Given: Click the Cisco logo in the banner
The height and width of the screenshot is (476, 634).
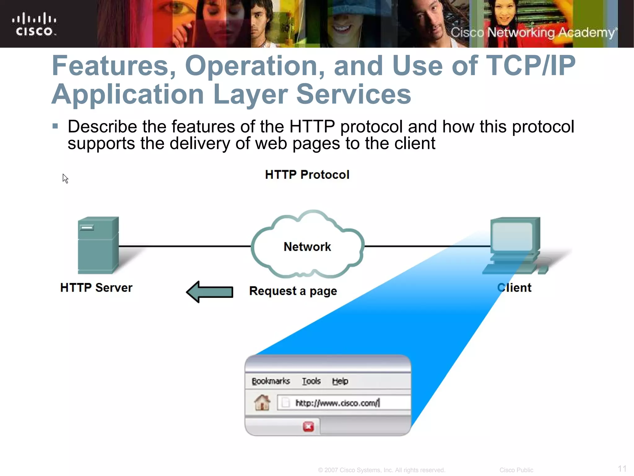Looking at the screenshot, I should coord(34,24).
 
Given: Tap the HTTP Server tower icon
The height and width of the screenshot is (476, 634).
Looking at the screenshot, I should coord(98,245).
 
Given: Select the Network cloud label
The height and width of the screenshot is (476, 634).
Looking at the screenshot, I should coord(307,247).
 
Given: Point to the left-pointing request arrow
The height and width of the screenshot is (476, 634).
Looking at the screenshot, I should coord(210,292).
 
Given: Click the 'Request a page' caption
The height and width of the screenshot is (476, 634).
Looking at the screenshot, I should coord(293,291).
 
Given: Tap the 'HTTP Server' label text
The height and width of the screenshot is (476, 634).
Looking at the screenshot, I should coord(96,288).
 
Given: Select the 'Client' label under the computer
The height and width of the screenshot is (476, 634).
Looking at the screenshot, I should coord(514,288).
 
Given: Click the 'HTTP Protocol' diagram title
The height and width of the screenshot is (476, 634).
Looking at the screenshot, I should coord(307,175).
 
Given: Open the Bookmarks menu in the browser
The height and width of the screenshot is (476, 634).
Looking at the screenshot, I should coord(271,381).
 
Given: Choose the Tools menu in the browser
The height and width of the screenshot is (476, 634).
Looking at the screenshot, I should coord(311,381).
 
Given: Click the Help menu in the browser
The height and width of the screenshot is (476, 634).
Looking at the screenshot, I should coord(340,381).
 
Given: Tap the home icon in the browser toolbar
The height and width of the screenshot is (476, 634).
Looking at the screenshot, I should coord(262,403).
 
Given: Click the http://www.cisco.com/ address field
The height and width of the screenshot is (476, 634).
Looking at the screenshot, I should coord(341,403).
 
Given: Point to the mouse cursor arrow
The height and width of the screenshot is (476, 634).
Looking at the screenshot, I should coord(65,178).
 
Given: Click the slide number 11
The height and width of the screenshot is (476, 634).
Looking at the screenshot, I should coord(622,469).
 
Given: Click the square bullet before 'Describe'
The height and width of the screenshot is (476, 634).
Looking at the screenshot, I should coord(55,126).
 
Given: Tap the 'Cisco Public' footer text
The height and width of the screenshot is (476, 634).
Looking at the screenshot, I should coord(516,470).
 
